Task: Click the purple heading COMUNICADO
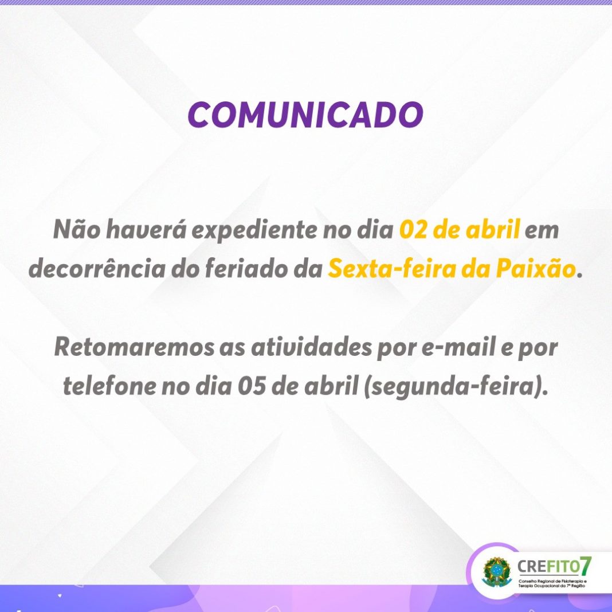click(305, 115)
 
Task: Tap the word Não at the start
click(77, 229)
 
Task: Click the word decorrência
click(97, 269)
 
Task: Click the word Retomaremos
click(134, 347)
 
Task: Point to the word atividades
click(311, 347)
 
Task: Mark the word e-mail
click(459, 347)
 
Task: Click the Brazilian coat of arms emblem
click(496, 572)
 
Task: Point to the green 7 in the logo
click(586, 566)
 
